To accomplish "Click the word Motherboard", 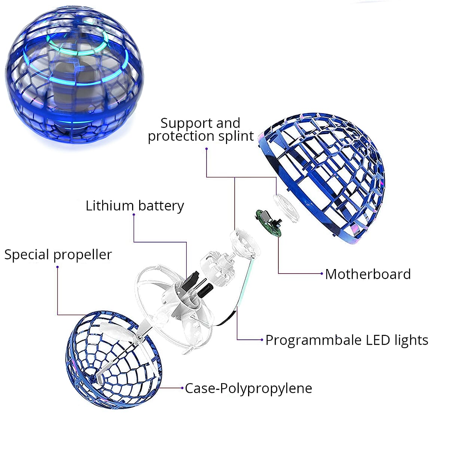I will coord(368,274).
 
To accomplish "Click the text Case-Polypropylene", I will coord(248,388).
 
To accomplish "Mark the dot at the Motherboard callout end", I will coord(322,274).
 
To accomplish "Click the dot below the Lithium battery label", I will coord(134,215).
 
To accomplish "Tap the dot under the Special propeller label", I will coord(57,267).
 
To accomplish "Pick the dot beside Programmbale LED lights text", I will coord(262,340).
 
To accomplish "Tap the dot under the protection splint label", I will coord(206,149).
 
